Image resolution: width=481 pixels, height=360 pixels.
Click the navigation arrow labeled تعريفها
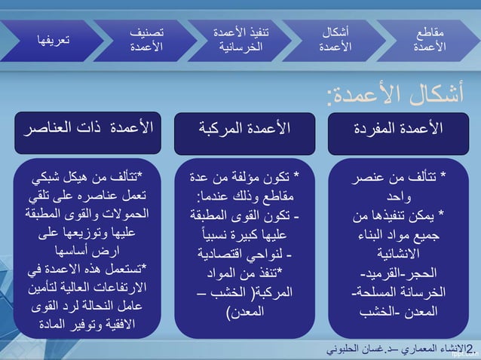49,40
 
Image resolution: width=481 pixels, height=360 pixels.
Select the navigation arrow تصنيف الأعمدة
146,40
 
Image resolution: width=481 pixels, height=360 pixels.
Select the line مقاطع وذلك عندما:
244,197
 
